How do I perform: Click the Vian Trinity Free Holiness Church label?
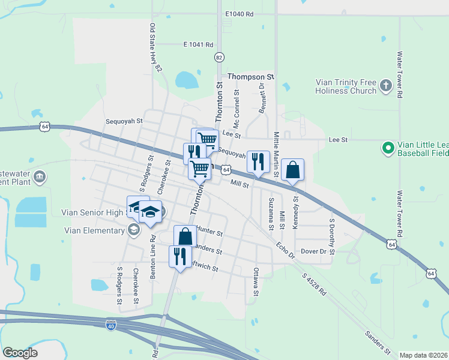[x=346, y=87]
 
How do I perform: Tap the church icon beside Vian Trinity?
[x=386, y=86]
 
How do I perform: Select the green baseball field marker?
[x=388, y=146]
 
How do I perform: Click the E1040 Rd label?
[x=240, y=14]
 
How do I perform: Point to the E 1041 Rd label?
[x=198, y=44]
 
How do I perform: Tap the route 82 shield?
[x=219, y=57]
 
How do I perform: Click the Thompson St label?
[x=250, y=77]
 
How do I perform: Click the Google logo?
[x=20, y=353]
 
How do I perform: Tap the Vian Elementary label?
[x=92, y=229]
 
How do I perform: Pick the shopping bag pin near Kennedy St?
[x=292, y=170]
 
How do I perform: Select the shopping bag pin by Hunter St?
[x=185, y=236]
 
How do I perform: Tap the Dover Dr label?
[x=313, y=251]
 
